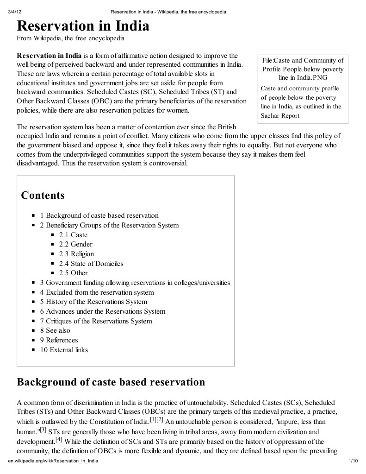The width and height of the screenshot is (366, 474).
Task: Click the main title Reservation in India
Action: coord(83,26)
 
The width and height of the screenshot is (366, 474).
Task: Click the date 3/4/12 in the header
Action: coord(15,12)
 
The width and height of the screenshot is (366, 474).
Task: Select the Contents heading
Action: coord(43,195)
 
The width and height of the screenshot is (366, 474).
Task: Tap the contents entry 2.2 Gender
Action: coord(75,244)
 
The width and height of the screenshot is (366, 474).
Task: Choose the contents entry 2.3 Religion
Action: coord(76,254)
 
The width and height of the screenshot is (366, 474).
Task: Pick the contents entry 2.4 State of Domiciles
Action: coord(91,264)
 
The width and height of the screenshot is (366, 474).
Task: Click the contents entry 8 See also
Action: coord(55,330)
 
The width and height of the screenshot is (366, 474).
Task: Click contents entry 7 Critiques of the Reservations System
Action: coord(95,321)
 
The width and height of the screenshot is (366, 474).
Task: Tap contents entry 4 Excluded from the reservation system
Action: coord(96,292)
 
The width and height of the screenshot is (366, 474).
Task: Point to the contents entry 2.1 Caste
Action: coord(73,235)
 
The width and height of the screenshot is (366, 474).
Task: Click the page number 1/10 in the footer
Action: coord(353,461)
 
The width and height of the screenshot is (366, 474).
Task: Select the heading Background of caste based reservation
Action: coord(111,382)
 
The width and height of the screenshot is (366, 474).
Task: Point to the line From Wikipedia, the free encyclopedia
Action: coord(70,38)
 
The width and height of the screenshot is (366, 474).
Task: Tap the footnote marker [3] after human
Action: coord(43,430)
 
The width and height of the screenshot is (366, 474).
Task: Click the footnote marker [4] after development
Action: coord(59,439)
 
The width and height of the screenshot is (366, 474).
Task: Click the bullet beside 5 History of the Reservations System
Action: coord(34,302)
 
